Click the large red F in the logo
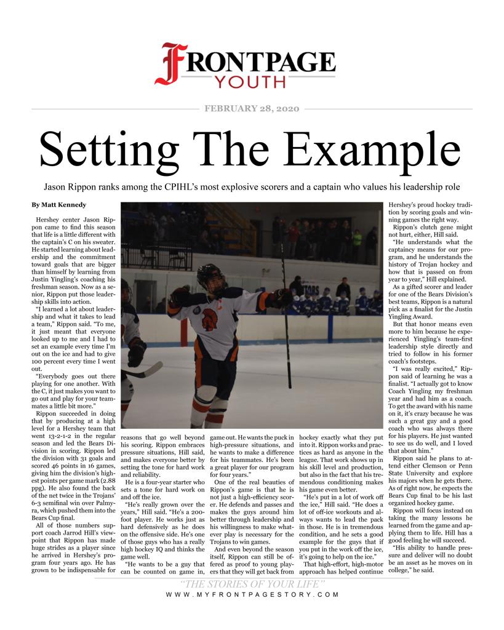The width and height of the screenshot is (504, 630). click(x=171, y=63)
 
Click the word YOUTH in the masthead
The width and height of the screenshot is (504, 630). click(x=249, y=82)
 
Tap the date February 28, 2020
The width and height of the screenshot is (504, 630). click(x=251, y=109)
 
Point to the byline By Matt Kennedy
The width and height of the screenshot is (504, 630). click(x=59, y=204)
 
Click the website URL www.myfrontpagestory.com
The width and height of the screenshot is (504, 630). click(x=252, y=595)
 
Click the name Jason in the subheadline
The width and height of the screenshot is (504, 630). click(x=57, y=186)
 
